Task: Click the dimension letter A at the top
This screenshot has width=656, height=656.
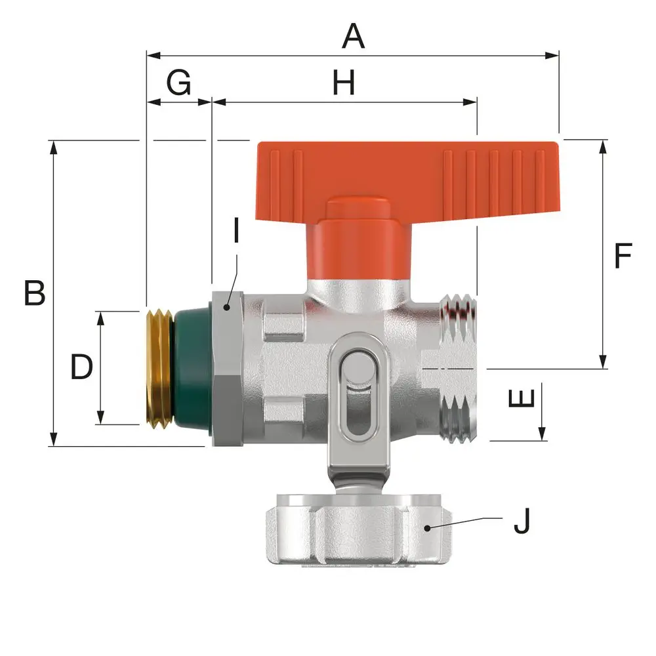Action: pos(353,36)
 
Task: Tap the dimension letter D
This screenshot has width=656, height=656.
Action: pos(81,367)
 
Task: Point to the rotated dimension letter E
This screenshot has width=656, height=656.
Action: pos(522,398)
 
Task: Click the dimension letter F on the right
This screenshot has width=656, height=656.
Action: pos(623,255)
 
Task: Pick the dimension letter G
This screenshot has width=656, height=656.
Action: pos(178,82)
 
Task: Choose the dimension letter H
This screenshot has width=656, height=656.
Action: pos(344,82)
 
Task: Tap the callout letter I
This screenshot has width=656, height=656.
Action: pos(236,230)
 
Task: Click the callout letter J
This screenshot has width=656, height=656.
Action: pos(522,520)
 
